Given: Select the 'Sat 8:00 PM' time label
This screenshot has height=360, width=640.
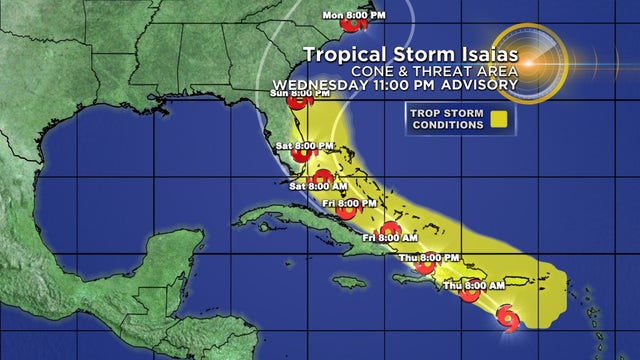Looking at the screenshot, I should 299,145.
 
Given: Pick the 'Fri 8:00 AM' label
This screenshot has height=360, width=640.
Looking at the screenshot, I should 383,238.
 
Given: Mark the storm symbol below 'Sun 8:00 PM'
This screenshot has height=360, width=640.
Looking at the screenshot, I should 297,101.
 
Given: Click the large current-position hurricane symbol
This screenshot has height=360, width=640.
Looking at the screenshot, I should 508,318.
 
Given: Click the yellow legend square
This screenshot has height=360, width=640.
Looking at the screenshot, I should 498,120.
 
